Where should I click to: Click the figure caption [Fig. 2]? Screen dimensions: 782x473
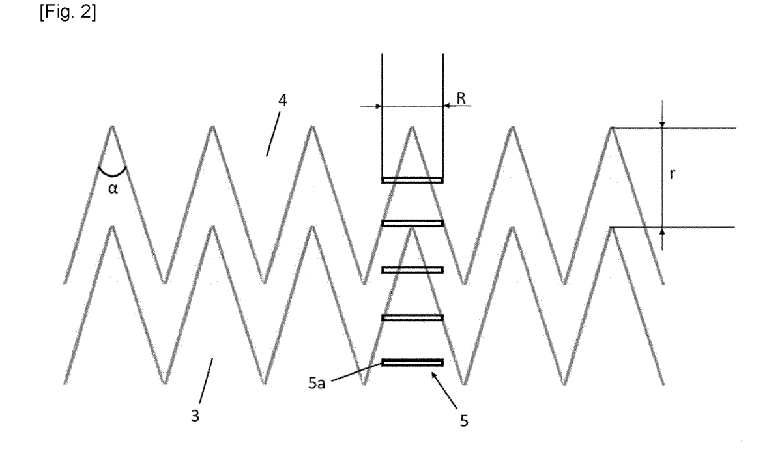[68, 12]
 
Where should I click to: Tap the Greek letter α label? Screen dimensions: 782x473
[113, 188]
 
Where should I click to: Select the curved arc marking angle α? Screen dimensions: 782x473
[112, 173]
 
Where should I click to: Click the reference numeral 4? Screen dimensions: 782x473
[282, 100]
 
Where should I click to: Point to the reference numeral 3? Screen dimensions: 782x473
[195, 416]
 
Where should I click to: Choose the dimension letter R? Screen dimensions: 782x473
[461, 98]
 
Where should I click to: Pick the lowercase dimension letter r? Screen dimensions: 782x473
[673, 174]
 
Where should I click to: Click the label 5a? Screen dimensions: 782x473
[317, 383]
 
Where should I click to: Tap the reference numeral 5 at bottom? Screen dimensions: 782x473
[464, 421]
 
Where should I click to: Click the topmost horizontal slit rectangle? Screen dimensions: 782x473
[413, 180]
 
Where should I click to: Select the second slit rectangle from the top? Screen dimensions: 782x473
[413, 223]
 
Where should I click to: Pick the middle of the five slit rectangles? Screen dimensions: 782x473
[413, 270]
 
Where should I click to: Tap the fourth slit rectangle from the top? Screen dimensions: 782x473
[413, 318]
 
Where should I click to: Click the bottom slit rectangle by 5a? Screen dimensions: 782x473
[413, 363]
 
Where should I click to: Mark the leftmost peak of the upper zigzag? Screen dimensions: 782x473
[112, 126]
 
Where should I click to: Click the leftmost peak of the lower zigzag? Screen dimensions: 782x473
[112, 227]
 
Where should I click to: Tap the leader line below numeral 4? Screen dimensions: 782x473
[273, 134]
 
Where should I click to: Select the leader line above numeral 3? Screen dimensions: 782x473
[206, 380]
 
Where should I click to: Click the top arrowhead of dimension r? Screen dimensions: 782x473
[662, 124]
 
